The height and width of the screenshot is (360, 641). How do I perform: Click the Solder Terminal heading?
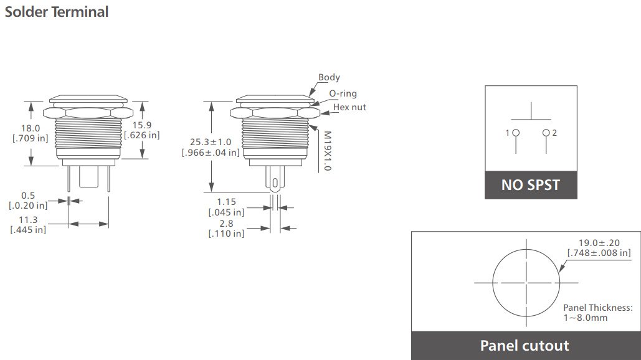57,11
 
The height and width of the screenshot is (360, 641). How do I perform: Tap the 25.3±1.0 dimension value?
211,141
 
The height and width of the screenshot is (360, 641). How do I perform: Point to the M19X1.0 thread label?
327,151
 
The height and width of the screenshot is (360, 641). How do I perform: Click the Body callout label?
329,78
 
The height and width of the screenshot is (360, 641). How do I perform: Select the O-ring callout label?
343,93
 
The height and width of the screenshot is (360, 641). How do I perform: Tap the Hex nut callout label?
349,107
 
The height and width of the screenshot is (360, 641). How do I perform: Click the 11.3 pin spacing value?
28,219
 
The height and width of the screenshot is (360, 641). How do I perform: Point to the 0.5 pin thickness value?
28,196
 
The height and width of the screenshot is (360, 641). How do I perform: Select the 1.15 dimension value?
226,202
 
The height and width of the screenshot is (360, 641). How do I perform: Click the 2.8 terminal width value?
226,223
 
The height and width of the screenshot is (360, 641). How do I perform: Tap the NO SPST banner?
531,185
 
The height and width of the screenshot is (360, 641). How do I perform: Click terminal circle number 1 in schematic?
516,133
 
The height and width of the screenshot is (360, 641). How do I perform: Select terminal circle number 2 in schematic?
546,133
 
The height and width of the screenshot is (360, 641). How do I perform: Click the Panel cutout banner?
525,346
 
